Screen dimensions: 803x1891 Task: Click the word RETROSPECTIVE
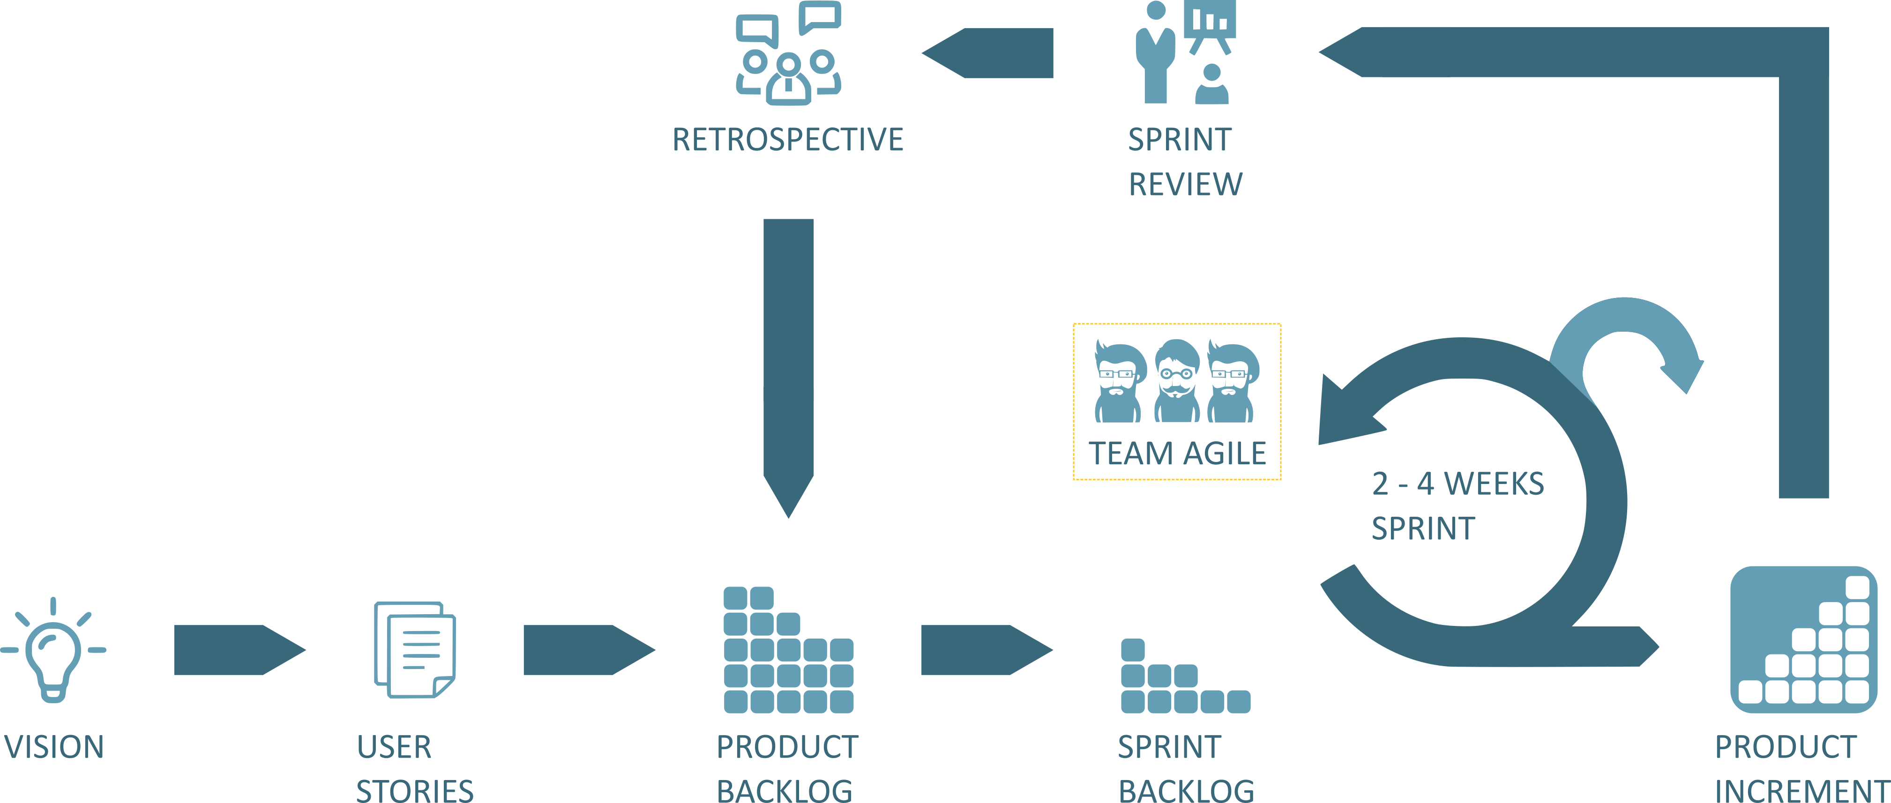788,140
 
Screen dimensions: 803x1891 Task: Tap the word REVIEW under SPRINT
1185,184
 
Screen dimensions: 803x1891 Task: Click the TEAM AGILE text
1177,454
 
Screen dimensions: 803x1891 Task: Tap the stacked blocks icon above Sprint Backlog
1185,677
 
